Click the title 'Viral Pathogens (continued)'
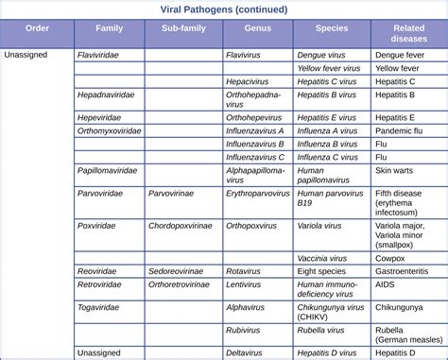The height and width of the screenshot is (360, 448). (x=223, y=9)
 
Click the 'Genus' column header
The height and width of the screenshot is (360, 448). (x=256, y=31)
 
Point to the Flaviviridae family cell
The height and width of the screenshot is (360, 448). (x=100, y=56)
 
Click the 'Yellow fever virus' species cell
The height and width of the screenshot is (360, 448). (x=327, y=69)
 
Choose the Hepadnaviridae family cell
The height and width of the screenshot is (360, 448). (x=105, y=95)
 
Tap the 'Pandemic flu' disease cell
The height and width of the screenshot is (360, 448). (x=399, y=130)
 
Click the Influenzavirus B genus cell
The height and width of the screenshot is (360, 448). (x=255, y=144)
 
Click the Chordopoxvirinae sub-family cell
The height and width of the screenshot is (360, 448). (x=182, y=226)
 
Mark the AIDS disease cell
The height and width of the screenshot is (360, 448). (x=385, y=283)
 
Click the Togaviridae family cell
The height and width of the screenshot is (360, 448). (x=99, y=306)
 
